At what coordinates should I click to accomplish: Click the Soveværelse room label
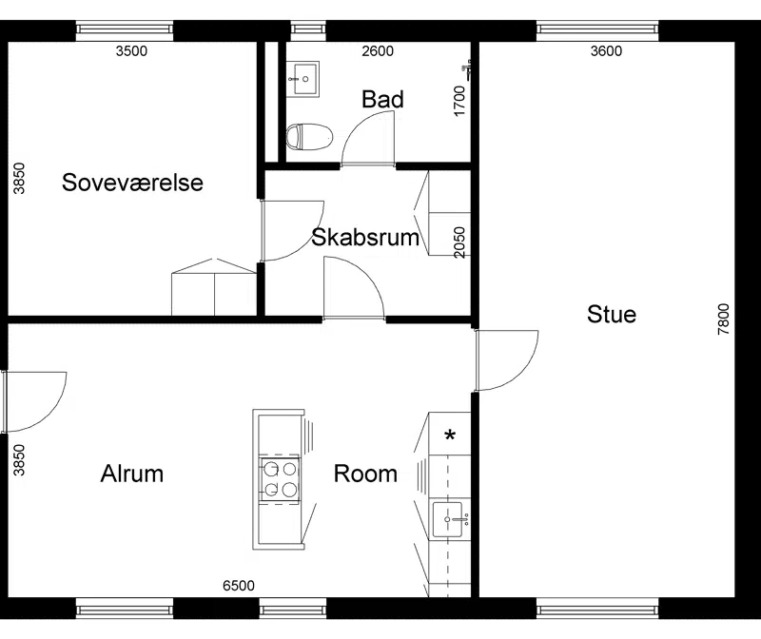[x=132, y=183]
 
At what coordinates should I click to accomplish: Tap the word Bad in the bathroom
[x=382, y=100]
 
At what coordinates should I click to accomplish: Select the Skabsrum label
[x=365, y=238]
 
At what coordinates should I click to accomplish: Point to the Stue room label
[x=612, y=314]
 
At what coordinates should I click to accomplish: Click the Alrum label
[x=132, y=474]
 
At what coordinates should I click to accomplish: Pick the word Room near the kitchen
[x=365, y=474]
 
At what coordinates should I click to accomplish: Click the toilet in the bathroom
[x=309, y=137]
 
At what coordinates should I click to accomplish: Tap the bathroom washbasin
[x=302, y=79]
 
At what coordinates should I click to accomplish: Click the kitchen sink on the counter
[x=449, y=519]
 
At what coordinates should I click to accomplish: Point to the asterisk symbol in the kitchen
[x=450, y=435]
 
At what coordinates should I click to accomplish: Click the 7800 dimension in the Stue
[x=723, y=319]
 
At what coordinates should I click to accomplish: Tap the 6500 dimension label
[x=239, y=586]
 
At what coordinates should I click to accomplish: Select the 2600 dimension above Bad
[x=378, y=51]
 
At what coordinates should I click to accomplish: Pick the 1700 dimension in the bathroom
[x=459, y=101]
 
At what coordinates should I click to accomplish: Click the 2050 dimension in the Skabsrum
[x=459, y=242]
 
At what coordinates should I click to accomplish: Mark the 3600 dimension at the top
[x=606, y=51]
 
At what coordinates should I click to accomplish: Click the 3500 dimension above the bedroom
[x=131, y=51]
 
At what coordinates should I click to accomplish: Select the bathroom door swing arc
[x=360, y=126]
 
